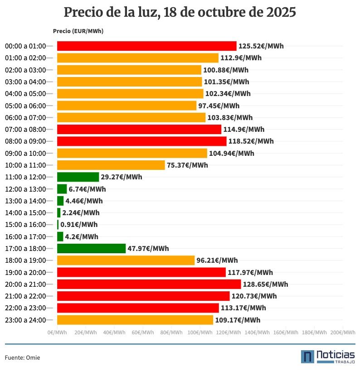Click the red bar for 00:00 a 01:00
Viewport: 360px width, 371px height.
[146, 46]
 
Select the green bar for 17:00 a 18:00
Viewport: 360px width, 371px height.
[91, 248]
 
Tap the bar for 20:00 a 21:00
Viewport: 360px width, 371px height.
[149, 284]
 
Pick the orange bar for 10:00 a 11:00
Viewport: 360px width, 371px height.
[111, 165]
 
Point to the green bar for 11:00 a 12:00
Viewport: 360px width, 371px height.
[78, 177]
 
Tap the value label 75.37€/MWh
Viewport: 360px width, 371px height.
[187, 165]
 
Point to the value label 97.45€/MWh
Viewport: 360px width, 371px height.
[219, 106]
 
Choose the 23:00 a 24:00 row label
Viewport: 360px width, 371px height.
[25, 320]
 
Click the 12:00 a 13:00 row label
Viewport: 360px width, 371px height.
[25, 189]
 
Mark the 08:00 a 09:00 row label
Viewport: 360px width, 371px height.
[25, 141]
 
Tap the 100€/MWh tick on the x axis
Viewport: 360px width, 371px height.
[200, 332]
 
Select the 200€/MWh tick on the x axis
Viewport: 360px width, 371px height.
[342, 332]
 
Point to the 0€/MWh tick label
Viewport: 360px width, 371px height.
[58, 332]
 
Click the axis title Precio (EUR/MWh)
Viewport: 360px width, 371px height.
[78, 31]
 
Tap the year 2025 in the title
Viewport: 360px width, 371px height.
[281, 12]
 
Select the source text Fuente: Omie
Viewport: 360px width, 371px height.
[23, 358]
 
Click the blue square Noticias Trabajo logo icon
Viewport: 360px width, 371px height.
[307, 357]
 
